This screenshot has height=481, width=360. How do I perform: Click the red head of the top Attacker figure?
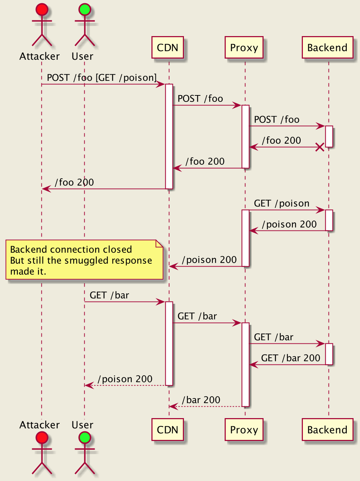pyautogui.click(x=42, y=9)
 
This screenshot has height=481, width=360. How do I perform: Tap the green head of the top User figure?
pyautogui.click(x=85, y=9)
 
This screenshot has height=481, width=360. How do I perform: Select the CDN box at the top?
pyautogui.click(x=167, y=47)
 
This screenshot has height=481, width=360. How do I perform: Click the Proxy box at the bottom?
pyautogui.click(x=244, y=430)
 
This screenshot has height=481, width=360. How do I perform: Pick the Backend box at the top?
pyautogui.click(x=327, y=47)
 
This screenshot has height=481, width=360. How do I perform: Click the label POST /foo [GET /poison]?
pyautogui.click(x=102, y=78)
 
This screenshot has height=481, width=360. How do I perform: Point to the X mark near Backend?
pyautogui.click(x=320, y=147)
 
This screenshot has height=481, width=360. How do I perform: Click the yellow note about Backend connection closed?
pyautogui.click(x=84, y=260)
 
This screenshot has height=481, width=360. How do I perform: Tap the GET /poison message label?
pyautogui.click(x=281, y=204)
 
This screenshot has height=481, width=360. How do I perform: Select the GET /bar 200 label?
pyautogui.click(x=291, y=358)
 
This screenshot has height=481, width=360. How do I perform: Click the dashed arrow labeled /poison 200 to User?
pyautogui.click(x=125, y=386)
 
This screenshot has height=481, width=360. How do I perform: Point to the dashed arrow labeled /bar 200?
pyautogui.click(x=205, y=407)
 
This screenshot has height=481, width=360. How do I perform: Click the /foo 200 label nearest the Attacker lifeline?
pyautogui.click(x=74, y=182)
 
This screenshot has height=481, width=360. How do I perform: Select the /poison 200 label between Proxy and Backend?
pyautogui.click(x=289, y=224)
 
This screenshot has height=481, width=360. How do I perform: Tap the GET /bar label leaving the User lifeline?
pyautogui.click(x=109, y=296)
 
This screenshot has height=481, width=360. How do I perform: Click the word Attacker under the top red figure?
pyautogui.click(x=39, y=56)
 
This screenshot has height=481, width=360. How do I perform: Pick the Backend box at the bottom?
pyautogui.click(x=327, y=430)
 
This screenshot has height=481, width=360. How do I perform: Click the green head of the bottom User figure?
pyautogui.click(x=85, y=438)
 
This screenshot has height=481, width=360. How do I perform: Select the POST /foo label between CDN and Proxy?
pyautogui.click(x=200, y=99)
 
